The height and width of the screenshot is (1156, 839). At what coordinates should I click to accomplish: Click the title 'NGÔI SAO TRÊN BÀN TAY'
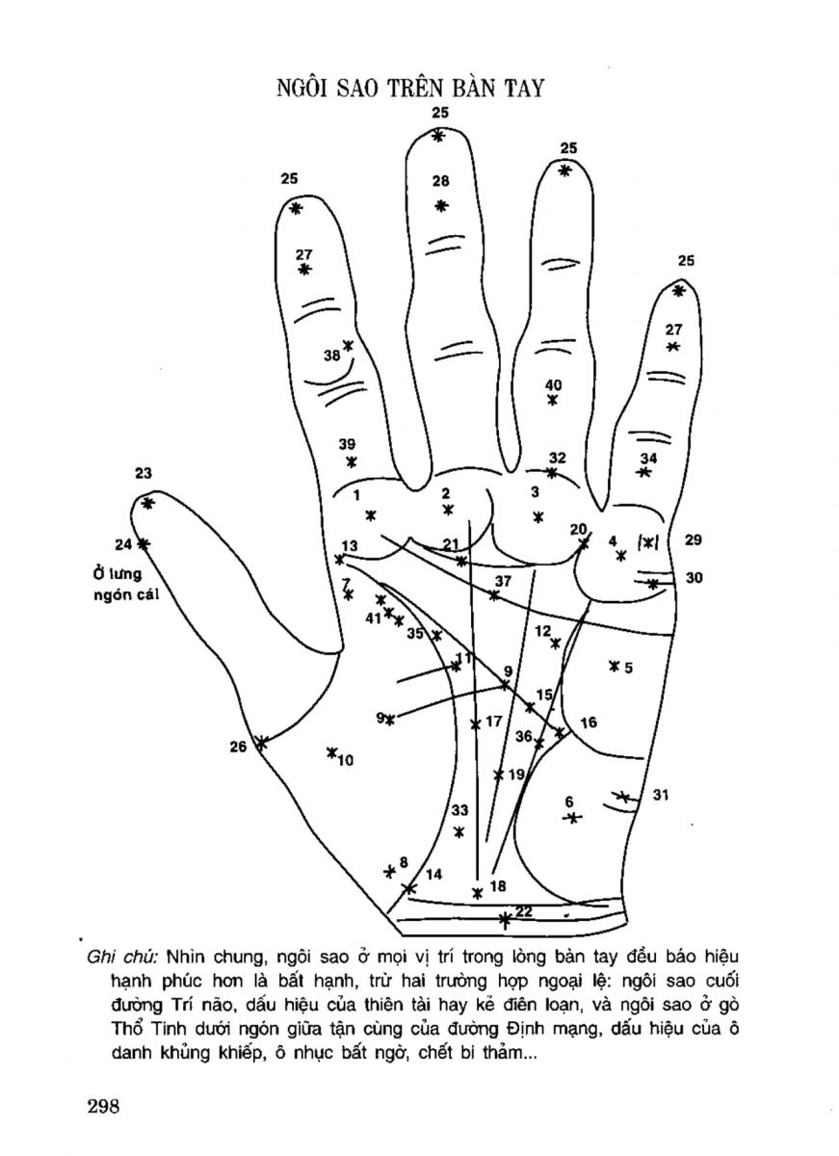[x=410, y=89]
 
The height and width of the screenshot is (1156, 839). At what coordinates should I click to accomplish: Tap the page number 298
[x=101, y=1105]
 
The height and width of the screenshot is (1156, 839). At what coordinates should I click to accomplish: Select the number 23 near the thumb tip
[x=144, y=473]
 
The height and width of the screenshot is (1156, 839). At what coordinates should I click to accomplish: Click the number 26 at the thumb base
[x=238, y=745]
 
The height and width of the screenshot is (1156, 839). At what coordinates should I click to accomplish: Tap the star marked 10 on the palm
[x=331, y=752]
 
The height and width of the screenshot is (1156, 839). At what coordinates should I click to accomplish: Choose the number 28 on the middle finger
[x=441, y=180]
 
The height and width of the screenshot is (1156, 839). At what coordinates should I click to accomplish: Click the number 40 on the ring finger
[x=553, y=384]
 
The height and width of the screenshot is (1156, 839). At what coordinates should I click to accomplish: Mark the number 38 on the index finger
[x=331, y=355]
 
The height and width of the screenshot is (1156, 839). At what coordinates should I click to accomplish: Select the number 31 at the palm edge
[x=661, y=795]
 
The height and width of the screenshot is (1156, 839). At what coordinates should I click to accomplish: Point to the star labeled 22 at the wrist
[x=505, y=919]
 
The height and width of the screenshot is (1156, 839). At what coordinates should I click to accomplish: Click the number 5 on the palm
[x=628, y=667]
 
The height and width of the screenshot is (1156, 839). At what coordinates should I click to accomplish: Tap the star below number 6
[x=572, y=818]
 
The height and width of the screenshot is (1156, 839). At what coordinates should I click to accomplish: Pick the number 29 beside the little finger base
[x=693, y=540]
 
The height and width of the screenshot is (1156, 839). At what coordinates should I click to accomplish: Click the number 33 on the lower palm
[x=459, y=809]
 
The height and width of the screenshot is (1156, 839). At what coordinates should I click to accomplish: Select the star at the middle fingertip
[x=439, y=137]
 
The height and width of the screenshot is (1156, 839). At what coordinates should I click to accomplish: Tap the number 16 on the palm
[x=590, y=722]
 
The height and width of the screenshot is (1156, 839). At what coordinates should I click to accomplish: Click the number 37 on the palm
[x=503, y=581]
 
